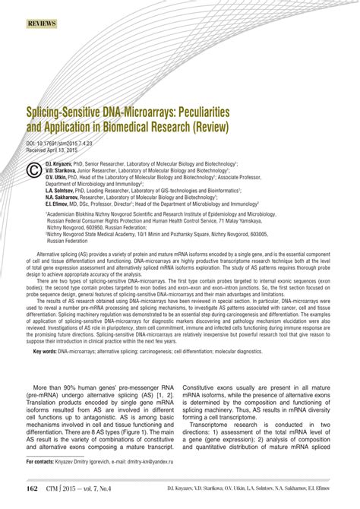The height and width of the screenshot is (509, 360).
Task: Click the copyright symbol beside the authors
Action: [x=33, y=170]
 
